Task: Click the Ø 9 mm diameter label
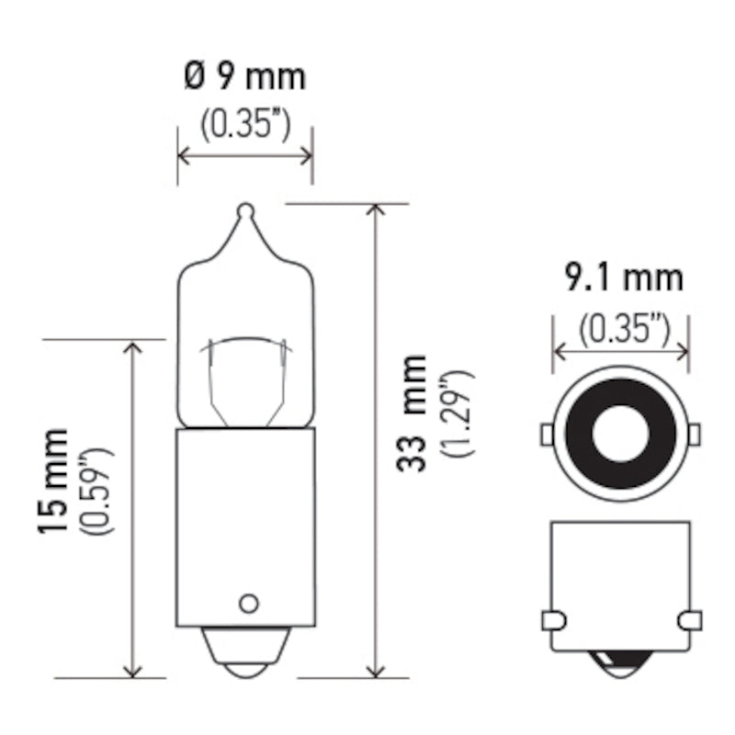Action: [244, 77]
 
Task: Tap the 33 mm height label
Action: [413, 413]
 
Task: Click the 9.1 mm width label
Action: [624, 277]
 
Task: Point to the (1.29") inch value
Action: [457, 413]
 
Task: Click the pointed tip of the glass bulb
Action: [245, 211]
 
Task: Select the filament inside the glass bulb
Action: [245, 345]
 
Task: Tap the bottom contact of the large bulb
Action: [245, 661]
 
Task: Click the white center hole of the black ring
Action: [620, 432]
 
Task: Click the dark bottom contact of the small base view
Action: [620, 663]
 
